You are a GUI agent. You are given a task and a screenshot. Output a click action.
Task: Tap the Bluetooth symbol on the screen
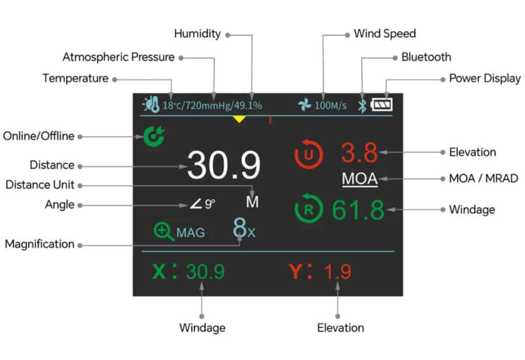362,106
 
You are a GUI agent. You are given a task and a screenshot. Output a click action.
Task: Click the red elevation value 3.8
359,152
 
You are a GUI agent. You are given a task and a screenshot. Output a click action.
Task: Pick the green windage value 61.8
358,210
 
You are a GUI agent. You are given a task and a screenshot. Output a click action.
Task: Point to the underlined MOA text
359,179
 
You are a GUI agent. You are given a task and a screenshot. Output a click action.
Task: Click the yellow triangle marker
239,119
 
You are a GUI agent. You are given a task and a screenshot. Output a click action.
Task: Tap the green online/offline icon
152,136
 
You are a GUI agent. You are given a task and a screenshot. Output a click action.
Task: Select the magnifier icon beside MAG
163,231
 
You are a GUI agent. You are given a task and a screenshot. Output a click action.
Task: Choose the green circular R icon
309,209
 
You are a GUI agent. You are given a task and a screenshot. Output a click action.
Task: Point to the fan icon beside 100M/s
305,106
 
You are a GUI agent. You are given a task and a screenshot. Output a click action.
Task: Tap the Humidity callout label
197,34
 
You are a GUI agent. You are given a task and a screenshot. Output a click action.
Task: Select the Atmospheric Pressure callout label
118,57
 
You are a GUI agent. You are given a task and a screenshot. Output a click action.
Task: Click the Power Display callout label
484,78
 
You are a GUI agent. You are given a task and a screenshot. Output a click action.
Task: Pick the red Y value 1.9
337,272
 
